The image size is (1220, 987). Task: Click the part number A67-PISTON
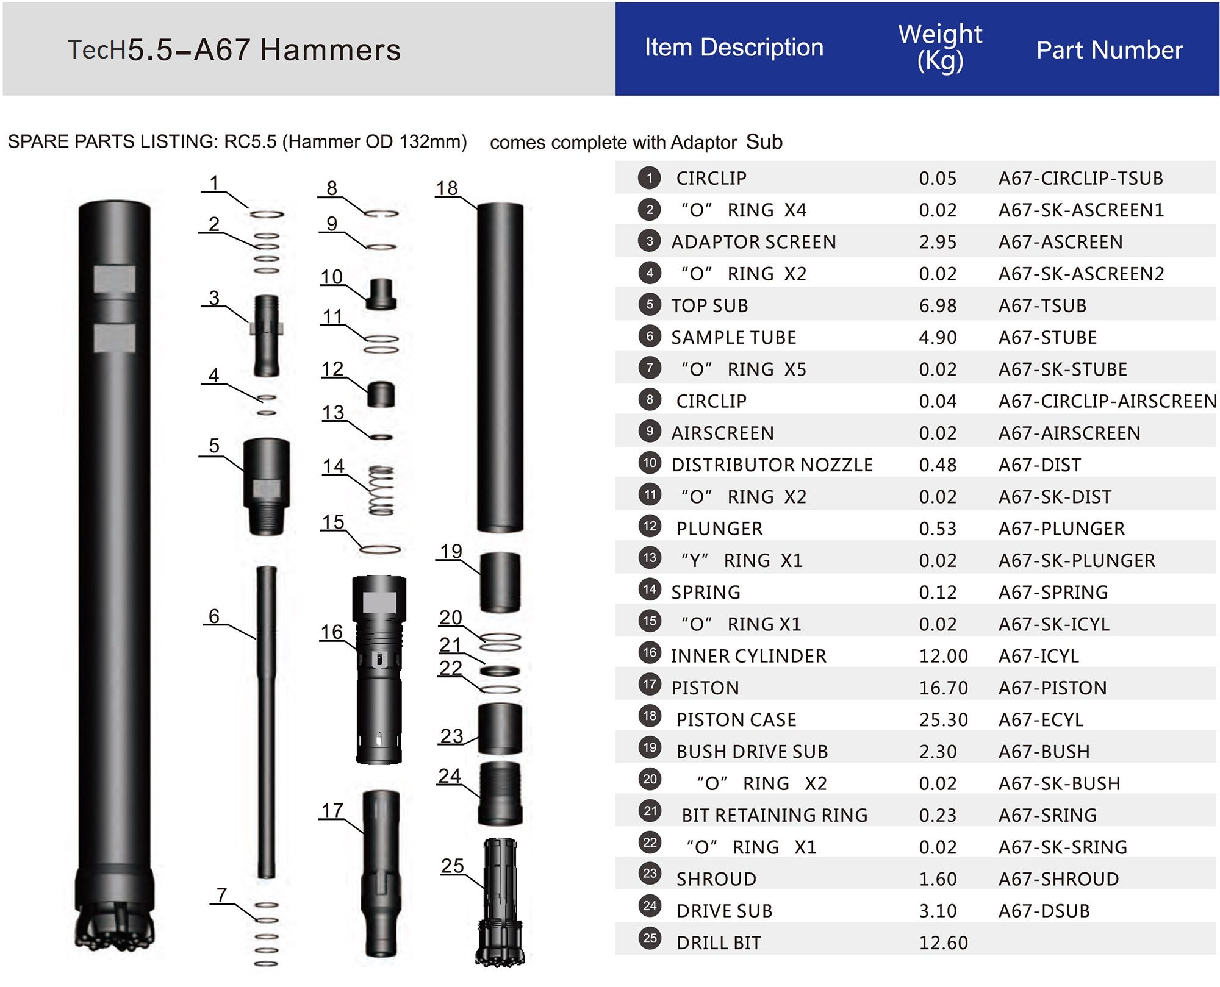(1052, 688)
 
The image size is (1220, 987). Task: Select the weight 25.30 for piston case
(943, 719)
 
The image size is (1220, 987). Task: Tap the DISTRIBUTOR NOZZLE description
(772, 465)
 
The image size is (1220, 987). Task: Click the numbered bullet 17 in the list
(650, 685)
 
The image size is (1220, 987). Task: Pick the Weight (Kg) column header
(940, 48)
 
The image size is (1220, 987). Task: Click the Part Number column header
(1109, 50)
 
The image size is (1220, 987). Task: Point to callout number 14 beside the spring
(334, 466)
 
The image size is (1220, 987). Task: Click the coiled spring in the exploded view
(382, 490)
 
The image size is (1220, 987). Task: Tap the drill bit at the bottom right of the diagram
(501, 902)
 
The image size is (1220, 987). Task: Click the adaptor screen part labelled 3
(267, 335)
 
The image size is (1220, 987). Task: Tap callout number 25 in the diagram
(452, 866)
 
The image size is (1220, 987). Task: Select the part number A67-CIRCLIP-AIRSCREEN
(1107, 401)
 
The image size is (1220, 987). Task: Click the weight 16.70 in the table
(943, 688)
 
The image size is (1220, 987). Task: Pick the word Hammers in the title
(330, 50)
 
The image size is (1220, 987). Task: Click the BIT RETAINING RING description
(774, 815)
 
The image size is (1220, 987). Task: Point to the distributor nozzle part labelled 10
(381, 294)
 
